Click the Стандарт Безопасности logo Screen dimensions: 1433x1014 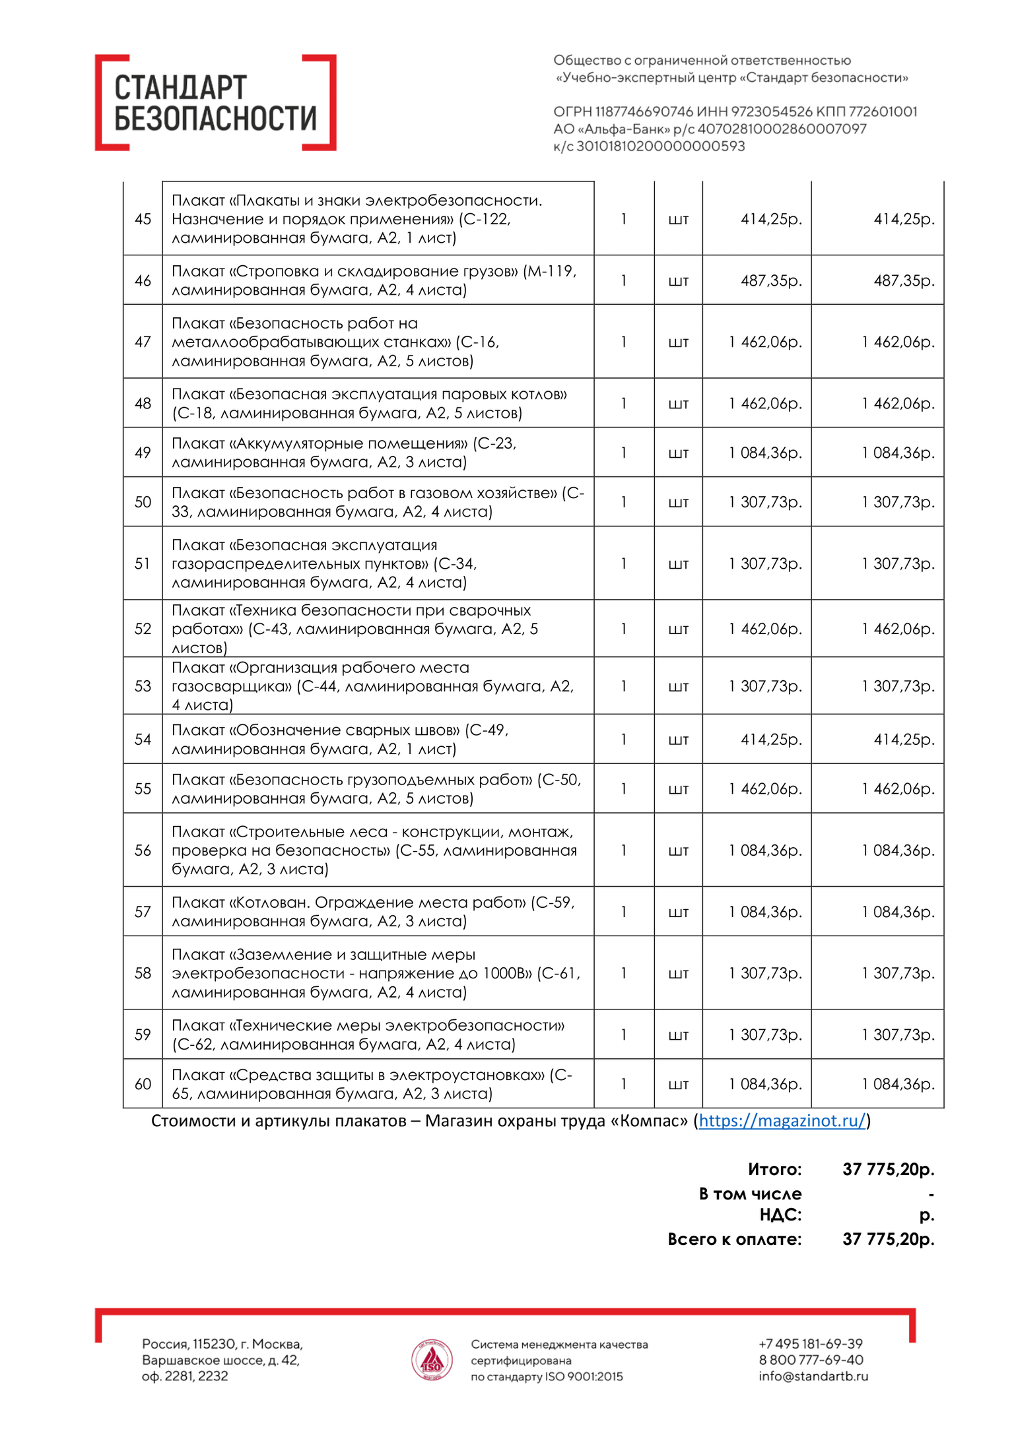click(x=215, y=103)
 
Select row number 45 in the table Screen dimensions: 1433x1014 click(x=143, y=219)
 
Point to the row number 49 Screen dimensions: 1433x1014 click(x=143, y=453)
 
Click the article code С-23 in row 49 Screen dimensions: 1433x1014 click(x=494, y=443)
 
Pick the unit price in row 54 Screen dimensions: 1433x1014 click(x=770, y=740)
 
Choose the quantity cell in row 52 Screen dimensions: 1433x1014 click(x=623, y=629)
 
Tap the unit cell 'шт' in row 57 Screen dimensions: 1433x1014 click(x=678, y=912)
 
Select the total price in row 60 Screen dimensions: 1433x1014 click(x=898, y=1084)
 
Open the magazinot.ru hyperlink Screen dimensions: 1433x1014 click(x=782, y=1121)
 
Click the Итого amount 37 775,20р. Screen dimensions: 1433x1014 click(x=888, y=1170)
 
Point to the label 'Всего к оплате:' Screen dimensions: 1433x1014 click(x=734, y=1239)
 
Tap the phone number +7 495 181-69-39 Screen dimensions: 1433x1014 click(x=810, y=1344)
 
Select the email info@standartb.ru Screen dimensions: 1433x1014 click(x=813, y=1376)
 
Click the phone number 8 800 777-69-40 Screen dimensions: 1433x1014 click(x=811, y=1360)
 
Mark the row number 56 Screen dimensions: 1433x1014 click(x=143, y=850)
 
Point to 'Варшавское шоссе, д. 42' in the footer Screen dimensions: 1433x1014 click(x=220, y=1360)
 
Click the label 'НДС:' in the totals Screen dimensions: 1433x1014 click(x=780, y=1215)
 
